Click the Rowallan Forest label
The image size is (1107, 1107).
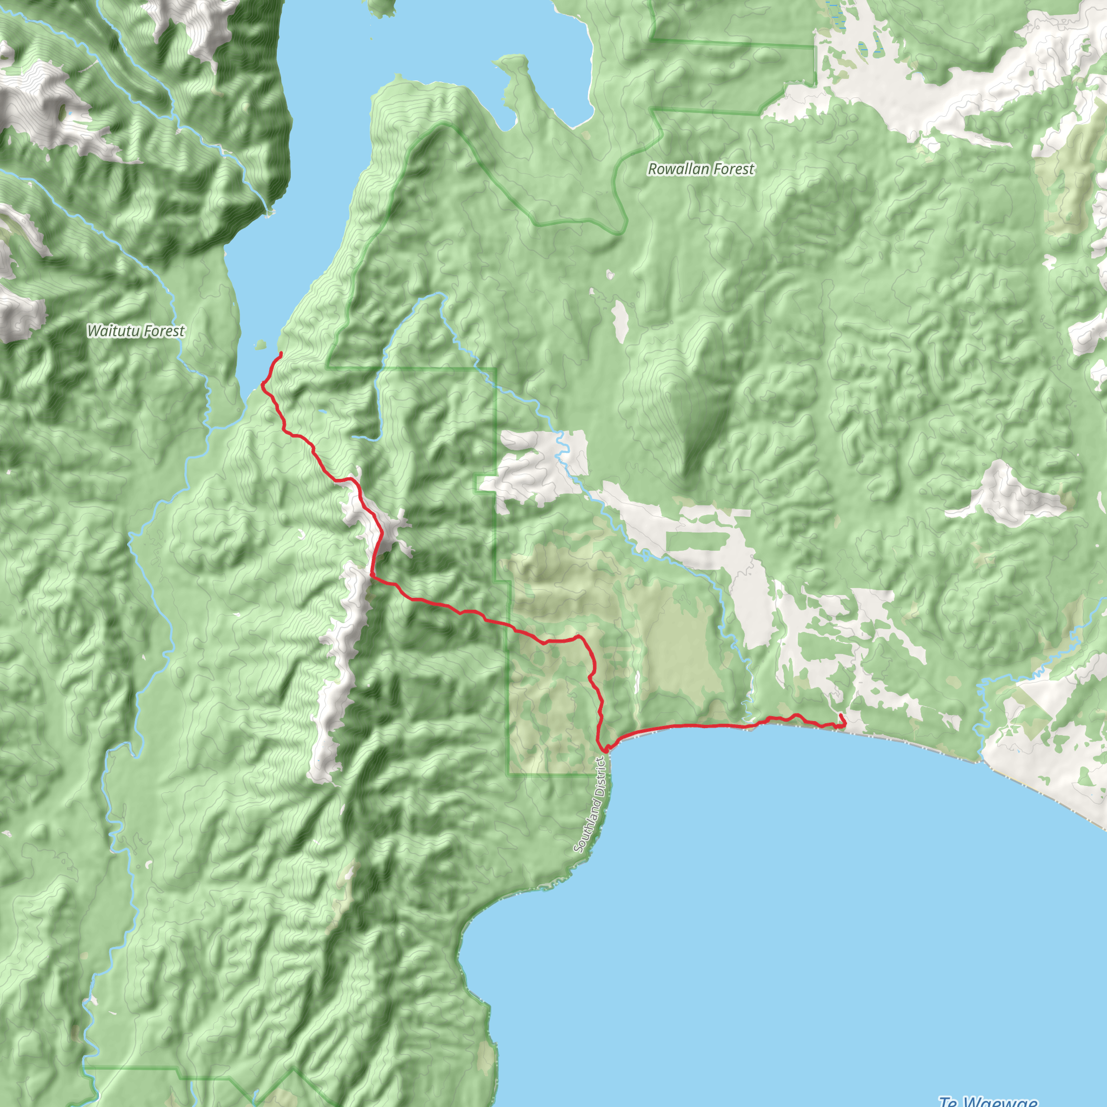click(x=701, y=169)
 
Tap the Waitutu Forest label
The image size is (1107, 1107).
click(x=136, y=331)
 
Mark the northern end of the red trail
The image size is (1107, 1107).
click(x=281, y=353)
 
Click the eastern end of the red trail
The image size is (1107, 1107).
click(x=840, y=715)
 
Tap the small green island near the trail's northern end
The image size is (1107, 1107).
click(x=261, y=345)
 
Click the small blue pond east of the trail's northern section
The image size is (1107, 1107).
click(x=323, y=411)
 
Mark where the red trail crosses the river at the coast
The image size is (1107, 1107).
click(x=748, y=726)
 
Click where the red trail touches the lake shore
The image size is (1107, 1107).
click(x=263, y=383)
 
